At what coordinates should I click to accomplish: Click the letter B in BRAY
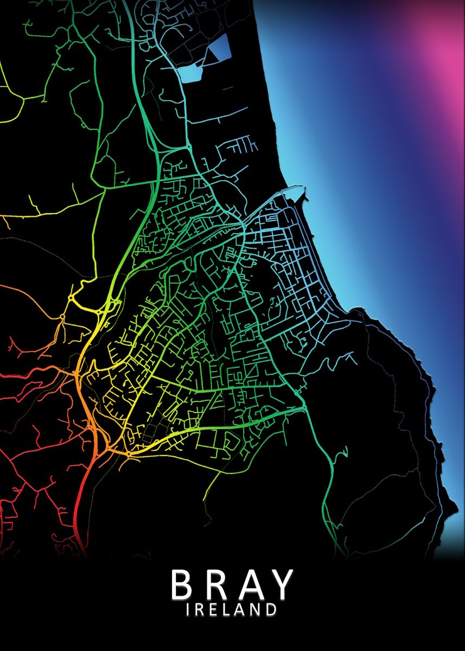pyautogui.click(x=183, y=584)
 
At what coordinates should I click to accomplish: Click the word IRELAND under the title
pyautogui.click(x=232, y=609)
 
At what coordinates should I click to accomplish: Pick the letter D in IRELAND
pyautogui.click(x=271, y=609)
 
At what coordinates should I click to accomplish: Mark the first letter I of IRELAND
pyautogui.click(x=188, y=609)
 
